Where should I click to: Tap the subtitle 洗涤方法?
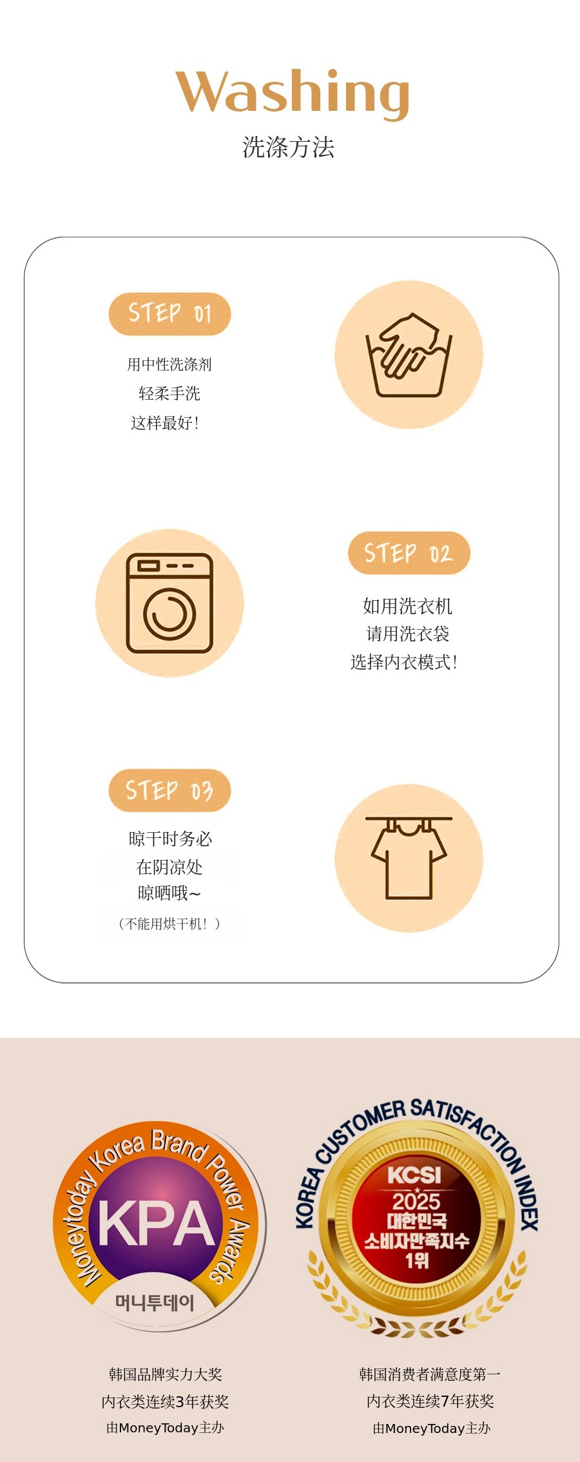289,148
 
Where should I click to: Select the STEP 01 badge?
169,314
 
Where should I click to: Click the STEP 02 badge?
409,553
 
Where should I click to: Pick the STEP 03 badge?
169,790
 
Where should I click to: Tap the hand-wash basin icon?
409,355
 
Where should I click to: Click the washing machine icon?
169,603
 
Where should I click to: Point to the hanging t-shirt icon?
409,858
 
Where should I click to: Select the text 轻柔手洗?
169,393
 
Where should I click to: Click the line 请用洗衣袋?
408,634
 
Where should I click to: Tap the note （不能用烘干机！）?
169,924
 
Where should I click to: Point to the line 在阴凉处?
169,867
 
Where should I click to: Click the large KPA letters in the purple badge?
156,1224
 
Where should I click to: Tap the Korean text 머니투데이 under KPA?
155,1303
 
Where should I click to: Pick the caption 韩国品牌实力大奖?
166,1374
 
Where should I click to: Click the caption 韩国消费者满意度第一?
430,1374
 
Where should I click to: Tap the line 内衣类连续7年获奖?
430,1401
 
